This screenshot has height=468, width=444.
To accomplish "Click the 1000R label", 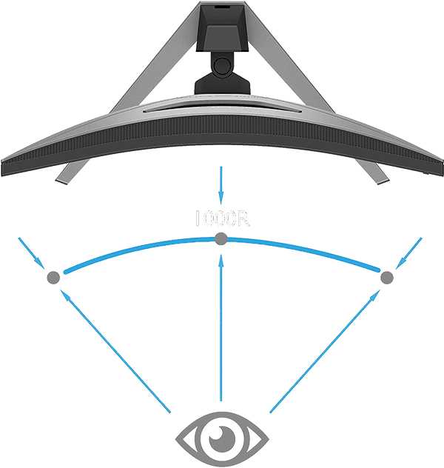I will pyautogui.click(x=221, y=219).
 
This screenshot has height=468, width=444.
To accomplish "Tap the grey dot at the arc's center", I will pyautogui.click(x=221, y=238).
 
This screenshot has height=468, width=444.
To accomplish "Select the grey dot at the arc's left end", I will pyautogui.click(x=53, y=277).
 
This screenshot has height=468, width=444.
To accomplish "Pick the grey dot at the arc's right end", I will pyautogui.click(x=386, y=278).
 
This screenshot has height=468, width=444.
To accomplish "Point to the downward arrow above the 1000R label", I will pyautogui.click(x=221, y=181).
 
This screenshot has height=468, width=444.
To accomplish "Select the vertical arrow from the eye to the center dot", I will pyautogui.click(x=221, y=326).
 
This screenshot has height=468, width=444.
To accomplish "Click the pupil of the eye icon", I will pyautogui.click(x=221, y=439).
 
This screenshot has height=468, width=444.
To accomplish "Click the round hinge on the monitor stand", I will pyautogui.click(x=221, y=66).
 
